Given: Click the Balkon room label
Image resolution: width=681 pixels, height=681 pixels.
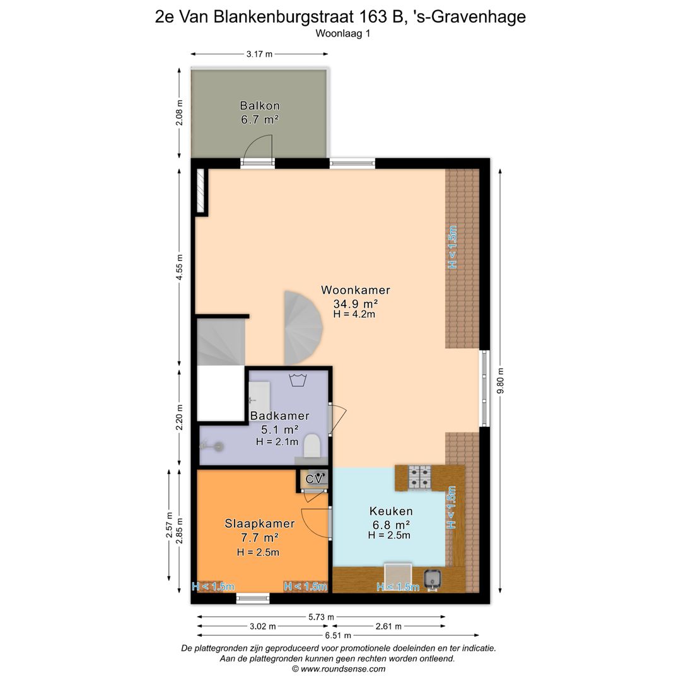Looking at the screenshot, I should pos(259,105).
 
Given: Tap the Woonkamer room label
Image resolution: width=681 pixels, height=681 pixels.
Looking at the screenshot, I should pos(355,290).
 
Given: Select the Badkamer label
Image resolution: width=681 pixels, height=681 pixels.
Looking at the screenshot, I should pos(279,416).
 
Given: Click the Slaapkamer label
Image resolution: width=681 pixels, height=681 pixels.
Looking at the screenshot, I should pos(260,523).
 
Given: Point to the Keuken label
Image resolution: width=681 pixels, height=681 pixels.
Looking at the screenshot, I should pos(391,511).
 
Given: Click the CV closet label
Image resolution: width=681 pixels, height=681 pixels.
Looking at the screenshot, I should pos(313,479).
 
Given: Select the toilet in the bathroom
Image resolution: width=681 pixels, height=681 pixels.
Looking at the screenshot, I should pos(311,446).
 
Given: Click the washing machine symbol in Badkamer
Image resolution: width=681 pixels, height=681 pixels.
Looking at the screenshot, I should pos(297,380).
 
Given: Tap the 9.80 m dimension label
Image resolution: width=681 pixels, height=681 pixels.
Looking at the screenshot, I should pos(500,381).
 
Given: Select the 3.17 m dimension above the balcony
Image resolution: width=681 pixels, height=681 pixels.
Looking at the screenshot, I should pos(259,54).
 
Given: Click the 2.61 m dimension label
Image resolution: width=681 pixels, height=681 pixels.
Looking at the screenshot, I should pos(387,626).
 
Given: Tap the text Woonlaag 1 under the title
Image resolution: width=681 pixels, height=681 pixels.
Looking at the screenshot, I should pos(342,35).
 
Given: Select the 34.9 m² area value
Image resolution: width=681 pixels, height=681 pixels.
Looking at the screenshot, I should pos(355,303).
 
